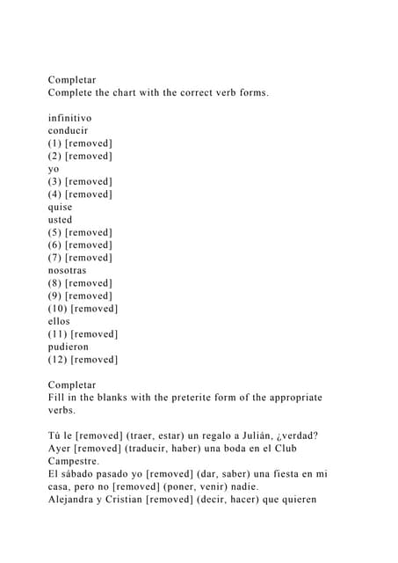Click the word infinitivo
(69, 117)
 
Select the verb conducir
(68, 130)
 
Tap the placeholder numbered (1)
(80, 143)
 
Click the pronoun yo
(54, 169)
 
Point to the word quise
(61, 207)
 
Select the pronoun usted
(61, 219)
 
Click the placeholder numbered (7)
(80, 258)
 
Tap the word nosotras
(68, 270)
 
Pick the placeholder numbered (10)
(83, 309)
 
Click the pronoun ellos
(59, 321)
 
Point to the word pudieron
(69, 347)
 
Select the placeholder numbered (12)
(83, 359)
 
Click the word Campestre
(74, 461)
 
